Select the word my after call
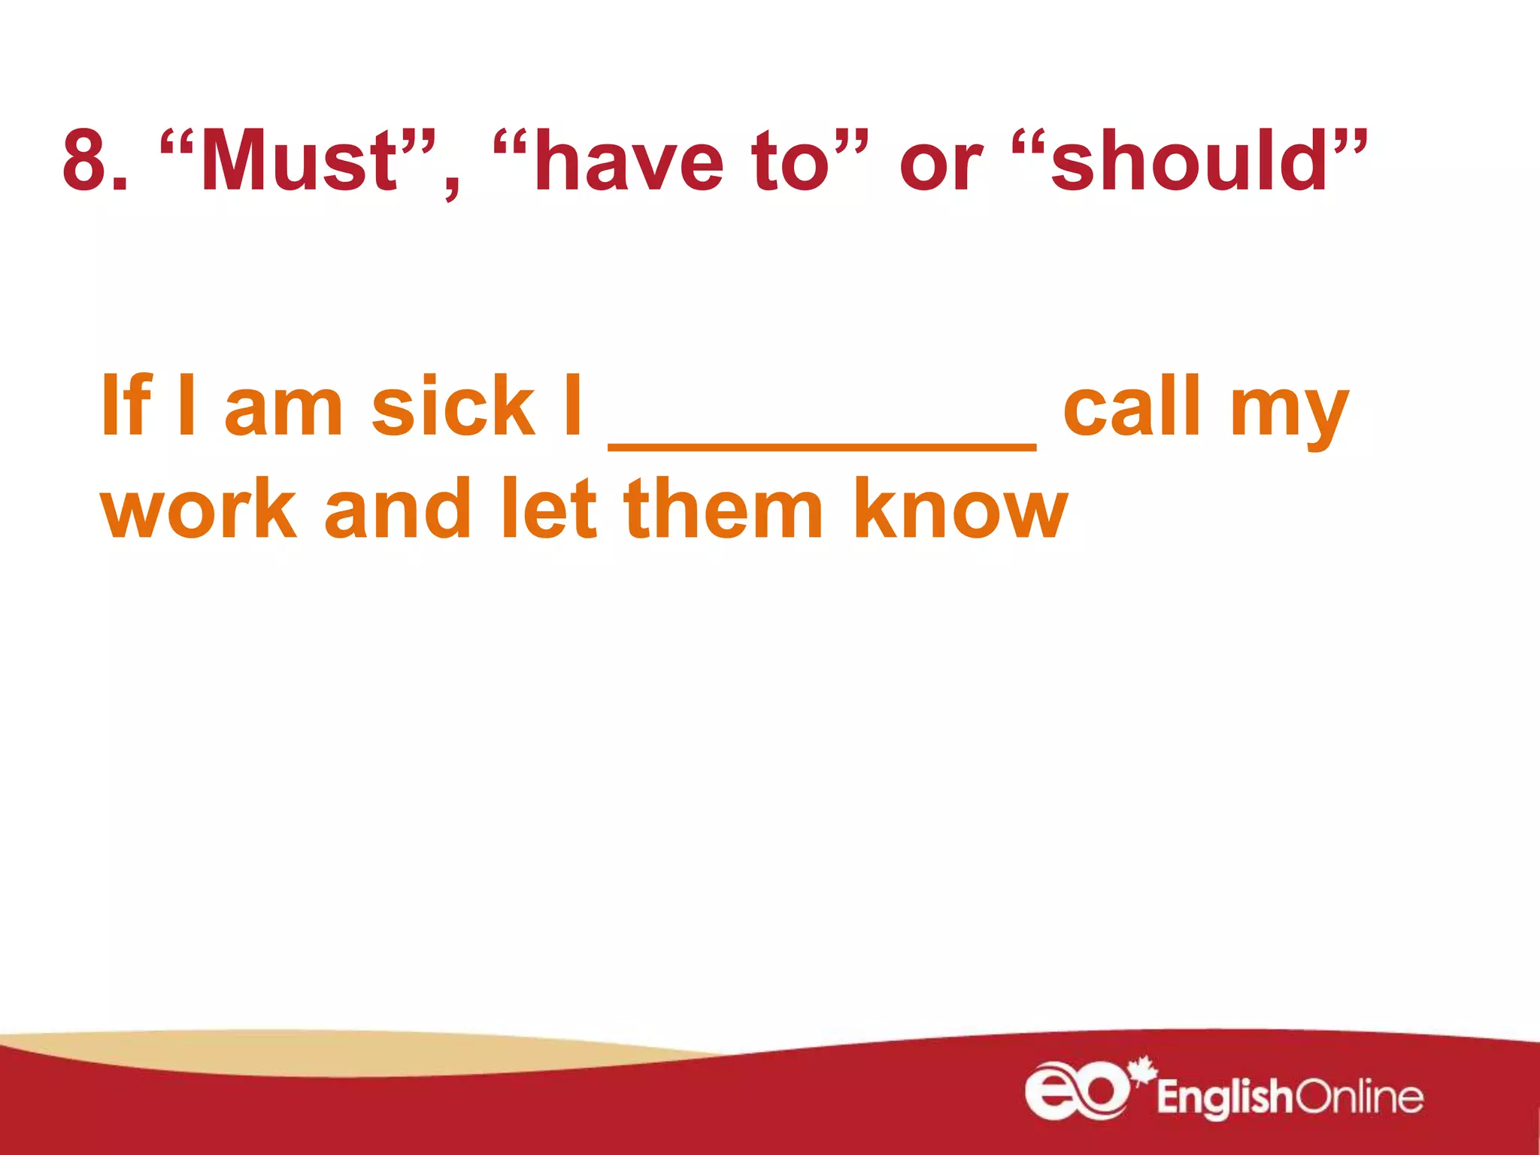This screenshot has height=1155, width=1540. (1289, 414)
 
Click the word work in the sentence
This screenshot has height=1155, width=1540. (199, 509)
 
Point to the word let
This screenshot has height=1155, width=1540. (548, 509)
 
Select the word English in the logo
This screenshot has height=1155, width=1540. (1224, 1098)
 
